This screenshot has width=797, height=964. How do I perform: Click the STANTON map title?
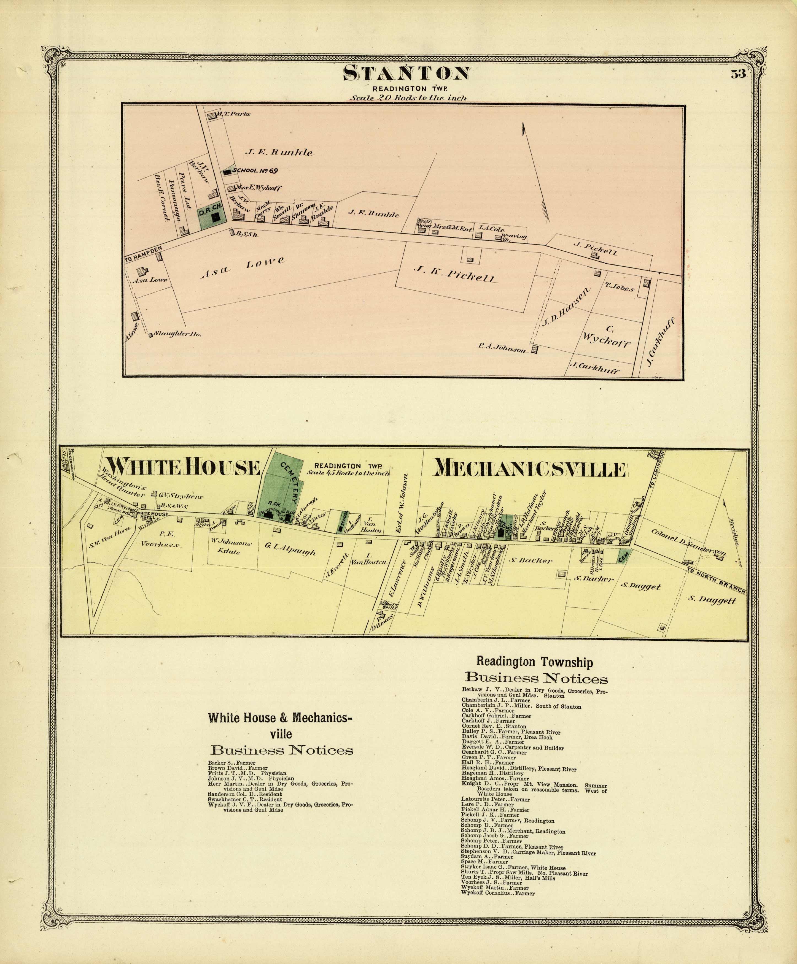[x=407, y=74]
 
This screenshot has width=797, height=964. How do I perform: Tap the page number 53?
[x=738, y=74]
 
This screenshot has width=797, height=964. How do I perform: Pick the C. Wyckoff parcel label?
[x=606, y=336]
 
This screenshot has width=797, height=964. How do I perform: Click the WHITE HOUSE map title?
[x=183, y=468]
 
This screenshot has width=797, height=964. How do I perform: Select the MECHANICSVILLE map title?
[x=530, y=469]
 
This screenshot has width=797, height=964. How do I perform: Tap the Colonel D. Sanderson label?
[x=689, y=542]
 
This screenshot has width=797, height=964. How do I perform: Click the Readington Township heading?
[x=534, y=662]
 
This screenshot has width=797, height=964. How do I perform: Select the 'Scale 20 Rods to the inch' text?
[x=408, y=98]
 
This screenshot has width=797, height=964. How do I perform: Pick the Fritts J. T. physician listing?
[x=247, y=773]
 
